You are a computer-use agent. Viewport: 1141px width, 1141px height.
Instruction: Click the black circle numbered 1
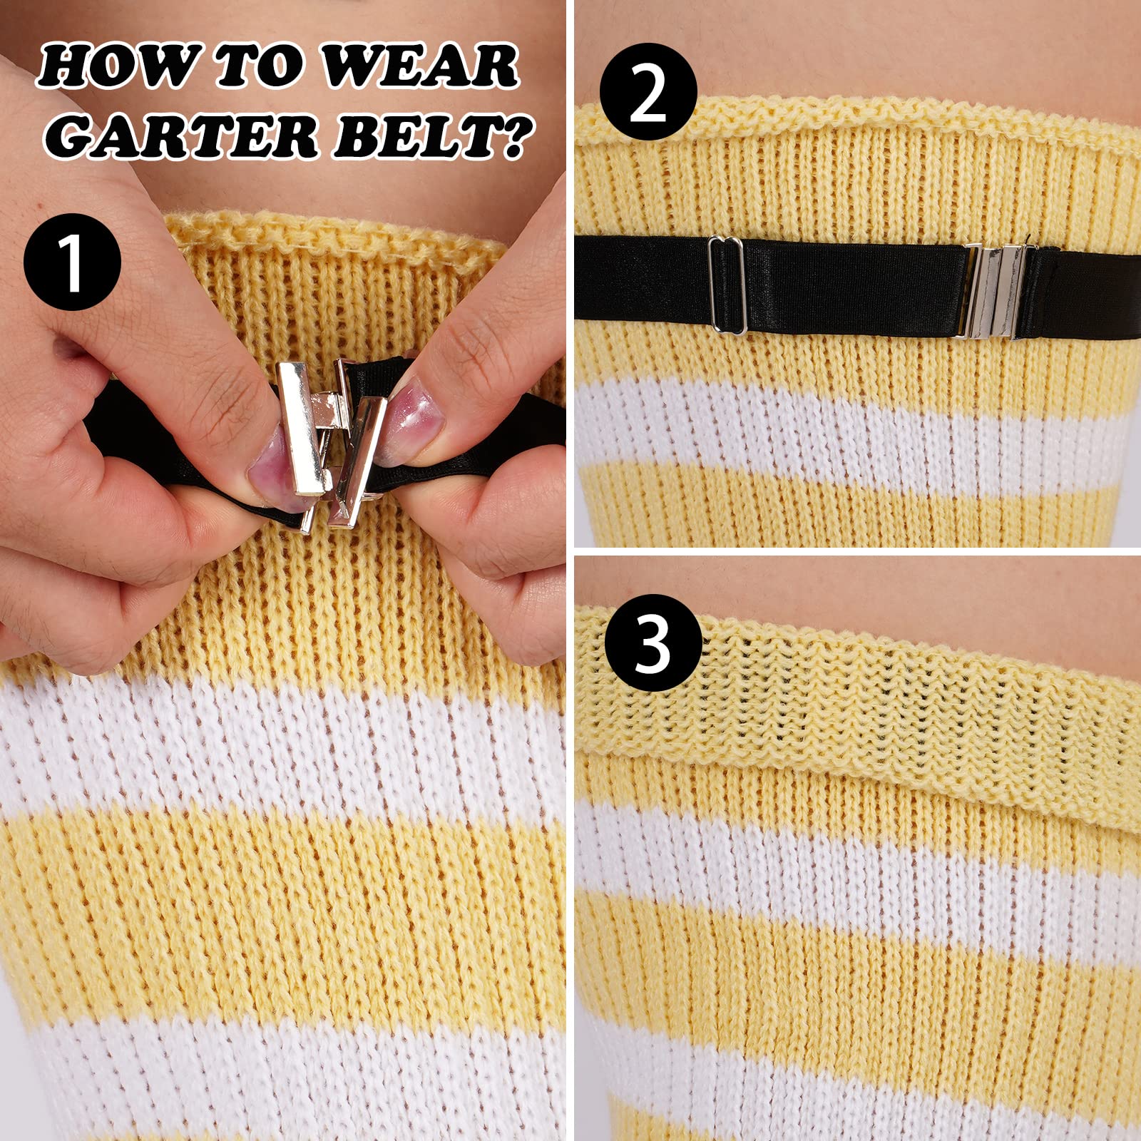(x=72, y=261)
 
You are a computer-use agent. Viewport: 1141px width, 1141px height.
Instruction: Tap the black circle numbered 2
(x=648, y=91)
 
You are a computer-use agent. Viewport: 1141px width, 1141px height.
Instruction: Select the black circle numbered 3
(x=653, y=643)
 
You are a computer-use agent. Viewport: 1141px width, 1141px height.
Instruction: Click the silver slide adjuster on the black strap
(x=727, y=285)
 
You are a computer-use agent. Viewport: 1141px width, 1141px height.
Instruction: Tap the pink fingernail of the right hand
(x=417, y=421)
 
